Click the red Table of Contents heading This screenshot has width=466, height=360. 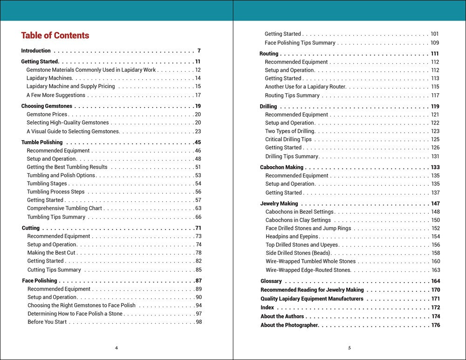[x=55, y=35]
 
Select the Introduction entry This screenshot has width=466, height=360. [x=36, y=51]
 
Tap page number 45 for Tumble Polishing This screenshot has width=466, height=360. [x=198, y=143]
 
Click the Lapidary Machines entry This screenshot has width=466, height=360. [x=49, y=78]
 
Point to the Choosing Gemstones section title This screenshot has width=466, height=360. [x=47, y=106]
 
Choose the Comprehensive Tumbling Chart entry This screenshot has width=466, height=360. [x=64, y=209]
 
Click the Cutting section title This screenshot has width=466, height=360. [x=31, y=228]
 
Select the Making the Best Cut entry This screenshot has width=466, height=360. [x=51, y=253]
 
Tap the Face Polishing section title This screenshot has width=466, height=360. [x=40, y=281]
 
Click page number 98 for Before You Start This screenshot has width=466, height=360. [x=199, y=322]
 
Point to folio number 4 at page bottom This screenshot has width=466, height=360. [x=116, y=347]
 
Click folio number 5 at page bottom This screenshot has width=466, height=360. [x=349, y=347]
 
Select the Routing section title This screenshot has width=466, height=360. [x=269, y=54]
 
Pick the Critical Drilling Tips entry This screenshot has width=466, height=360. [x=288, y=139]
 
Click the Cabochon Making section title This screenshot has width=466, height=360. [x=281, y=167]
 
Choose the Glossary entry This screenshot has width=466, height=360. [x=271, y=281]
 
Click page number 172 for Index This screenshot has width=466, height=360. [x=435, y=308]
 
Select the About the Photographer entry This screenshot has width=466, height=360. [x=289, y=325]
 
